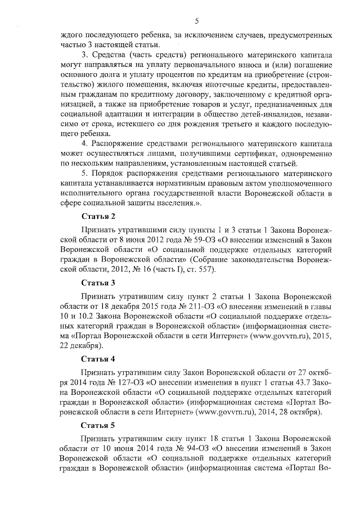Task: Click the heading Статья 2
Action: point(98,217)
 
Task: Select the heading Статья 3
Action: point(98,282)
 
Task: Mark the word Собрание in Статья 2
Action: point(214,260)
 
